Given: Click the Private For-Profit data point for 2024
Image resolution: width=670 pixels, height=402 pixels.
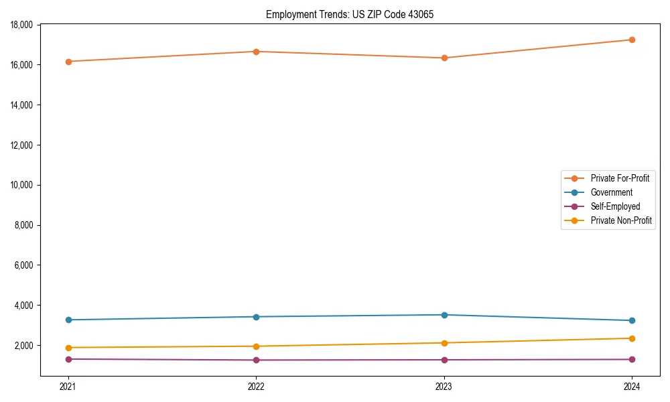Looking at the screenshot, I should tap(632, 40).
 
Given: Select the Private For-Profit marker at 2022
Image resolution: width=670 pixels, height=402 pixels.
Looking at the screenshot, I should tap(256, 52).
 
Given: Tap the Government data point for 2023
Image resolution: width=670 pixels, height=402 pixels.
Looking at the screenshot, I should tap(444, 315).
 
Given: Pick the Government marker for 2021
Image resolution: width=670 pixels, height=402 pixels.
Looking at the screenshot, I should tap(68, 320).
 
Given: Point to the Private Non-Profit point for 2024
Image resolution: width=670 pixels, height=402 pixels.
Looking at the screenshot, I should tap(632, 338).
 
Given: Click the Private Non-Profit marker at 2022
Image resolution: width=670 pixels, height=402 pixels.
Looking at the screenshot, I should tap(256, 346).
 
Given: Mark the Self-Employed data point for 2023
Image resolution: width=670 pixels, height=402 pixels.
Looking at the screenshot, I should tap(444, 360).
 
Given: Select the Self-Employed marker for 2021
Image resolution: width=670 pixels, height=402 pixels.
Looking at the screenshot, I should tap(68, 359).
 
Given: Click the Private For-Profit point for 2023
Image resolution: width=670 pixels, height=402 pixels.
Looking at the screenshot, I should tap(444, 58).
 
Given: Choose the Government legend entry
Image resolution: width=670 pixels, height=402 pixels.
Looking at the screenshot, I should tap(611, 192).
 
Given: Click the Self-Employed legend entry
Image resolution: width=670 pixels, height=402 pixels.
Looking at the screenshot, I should tap(615, 206).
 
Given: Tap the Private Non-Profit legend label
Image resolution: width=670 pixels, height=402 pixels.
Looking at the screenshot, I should tap(621, 220).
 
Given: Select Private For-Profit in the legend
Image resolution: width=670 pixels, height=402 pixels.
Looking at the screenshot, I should tap(620, 178).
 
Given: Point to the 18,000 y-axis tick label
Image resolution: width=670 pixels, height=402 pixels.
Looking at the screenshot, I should tap(23, 25).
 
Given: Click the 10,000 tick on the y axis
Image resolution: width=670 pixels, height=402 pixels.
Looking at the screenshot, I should tap(23, 185).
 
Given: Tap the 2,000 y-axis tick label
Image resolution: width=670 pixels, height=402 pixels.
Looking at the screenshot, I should tap(25, 346).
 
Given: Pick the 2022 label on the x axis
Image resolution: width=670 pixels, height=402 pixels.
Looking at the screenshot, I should tap(256, 386).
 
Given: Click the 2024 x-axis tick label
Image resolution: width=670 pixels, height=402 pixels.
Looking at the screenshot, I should tap(632, 386).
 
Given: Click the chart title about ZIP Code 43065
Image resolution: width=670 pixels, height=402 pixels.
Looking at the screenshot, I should tap(349, 14).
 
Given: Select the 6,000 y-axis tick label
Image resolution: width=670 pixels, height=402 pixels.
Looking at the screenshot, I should tap(25, 265).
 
